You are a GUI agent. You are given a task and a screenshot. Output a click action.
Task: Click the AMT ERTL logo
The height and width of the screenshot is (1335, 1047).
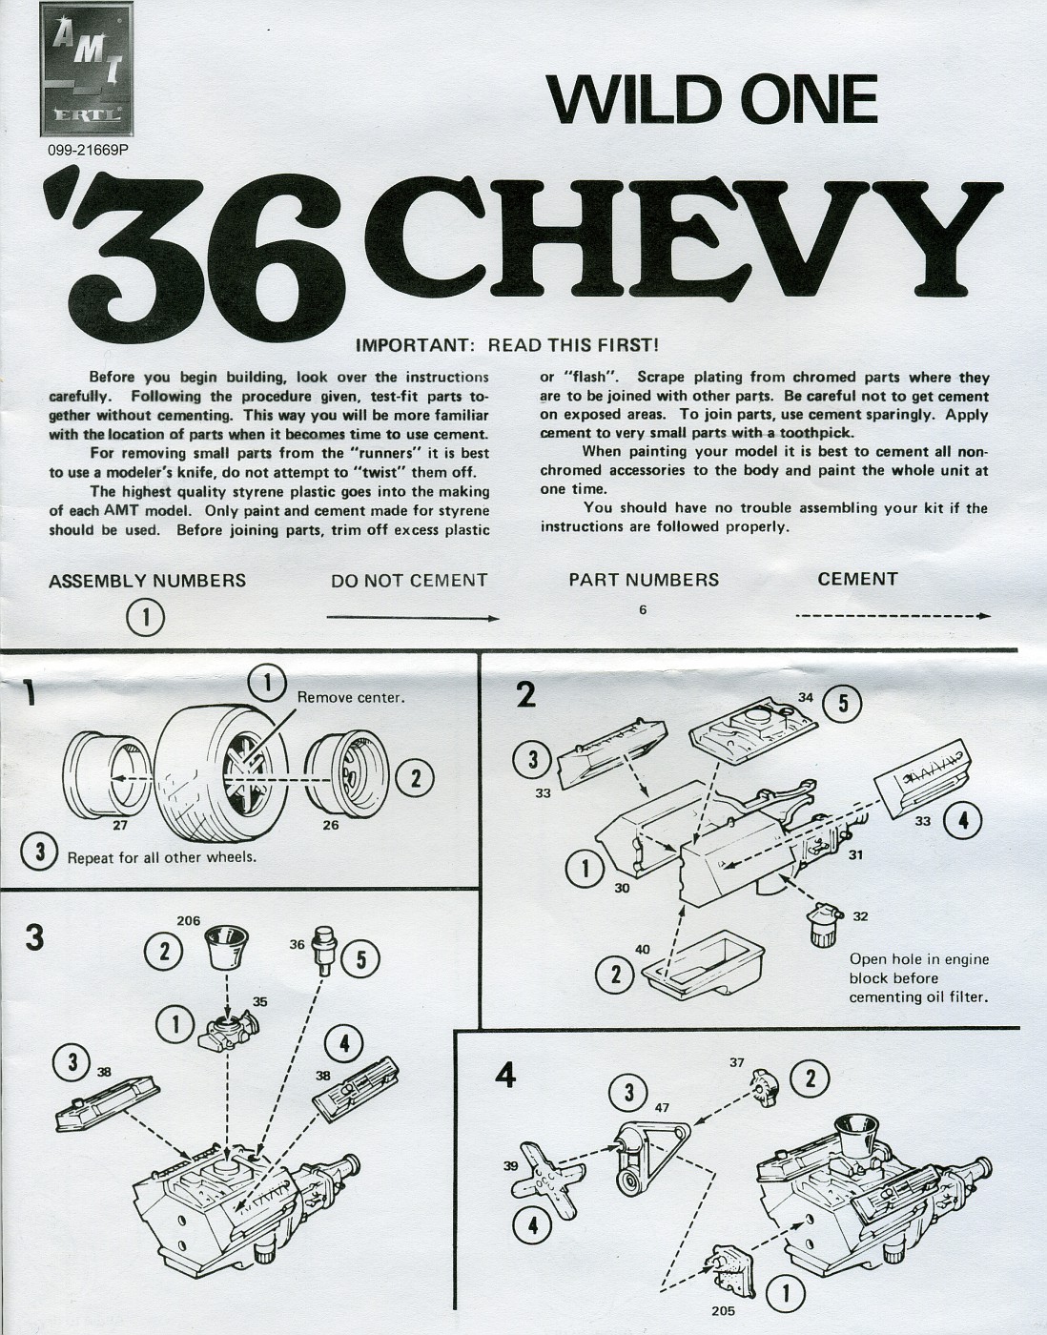coord(91,72)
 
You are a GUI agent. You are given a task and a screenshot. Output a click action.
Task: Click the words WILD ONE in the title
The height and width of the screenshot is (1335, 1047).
coord(711,98)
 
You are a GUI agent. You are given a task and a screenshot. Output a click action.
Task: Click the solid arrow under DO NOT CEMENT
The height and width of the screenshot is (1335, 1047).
coord(413,619)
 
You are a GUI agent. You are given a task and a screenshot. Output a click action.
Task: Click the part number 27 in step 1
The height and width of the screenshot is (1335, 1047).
coord(119,826)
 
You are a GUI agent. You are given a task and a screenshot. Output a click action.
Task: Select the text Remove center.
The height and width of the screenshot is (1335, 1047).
coord(351,697)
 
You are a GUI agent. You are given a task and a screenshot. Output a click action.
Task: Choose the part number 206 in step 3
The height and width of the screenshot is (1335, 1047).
coord(189,921)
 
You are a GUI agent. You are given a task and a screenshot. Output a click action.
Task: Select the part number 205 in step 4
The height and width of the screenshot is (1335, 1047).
coord(723,1309)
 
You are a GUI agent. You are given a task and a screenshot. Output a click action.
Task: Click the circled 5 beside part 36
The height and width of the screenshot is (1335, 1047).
coord(360,959)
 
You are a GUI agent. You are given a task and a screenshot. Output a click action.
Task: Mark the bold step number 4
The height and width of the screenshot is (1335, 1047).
coord(506,1076)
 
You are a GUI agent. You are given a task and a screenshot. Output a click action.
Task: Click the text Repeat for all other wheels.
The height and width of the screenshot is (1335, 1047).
coord(162,856)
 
